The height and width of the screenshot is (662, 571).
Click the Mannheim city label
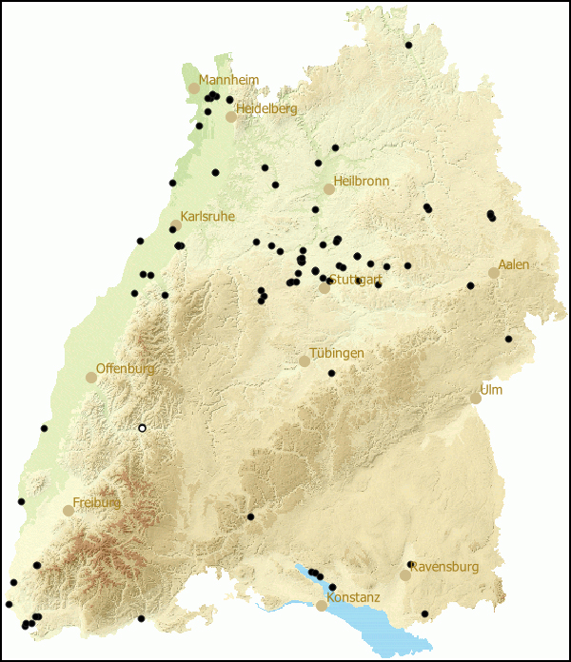228,80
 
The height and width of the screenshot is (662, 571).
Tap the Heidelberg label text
266,109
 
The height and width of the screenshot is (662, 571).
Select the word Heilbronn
361,181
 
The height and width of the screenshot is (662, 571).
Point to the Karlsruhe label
208,217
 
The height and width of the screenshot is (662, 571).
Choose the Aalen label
514,264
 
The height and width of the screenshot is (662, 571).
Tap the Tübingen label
337,353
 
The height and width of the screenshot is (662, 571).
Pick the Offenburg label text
125,368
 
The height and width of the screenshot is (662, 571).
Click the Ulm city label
491,390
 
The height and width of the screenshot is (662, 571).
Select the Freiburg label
97,502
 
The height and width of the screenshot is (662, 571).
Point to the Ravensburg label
444,567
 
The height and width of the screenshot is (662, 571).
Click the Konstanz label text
353,597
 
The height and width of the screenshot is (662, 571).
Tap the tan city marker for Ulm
476,399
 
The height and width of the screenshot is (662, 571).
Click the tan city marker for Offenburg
91,378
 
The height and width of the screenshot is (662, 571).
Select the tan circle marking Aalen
494,273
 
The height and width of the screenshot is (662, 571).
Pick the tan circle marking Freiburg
69,511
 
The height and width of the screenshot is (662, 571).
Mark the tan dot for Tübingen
305,361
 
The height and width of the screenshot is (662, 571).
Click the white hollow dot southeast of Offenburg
142,428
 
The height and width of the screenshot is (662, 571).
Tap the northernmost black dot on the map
408,45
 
